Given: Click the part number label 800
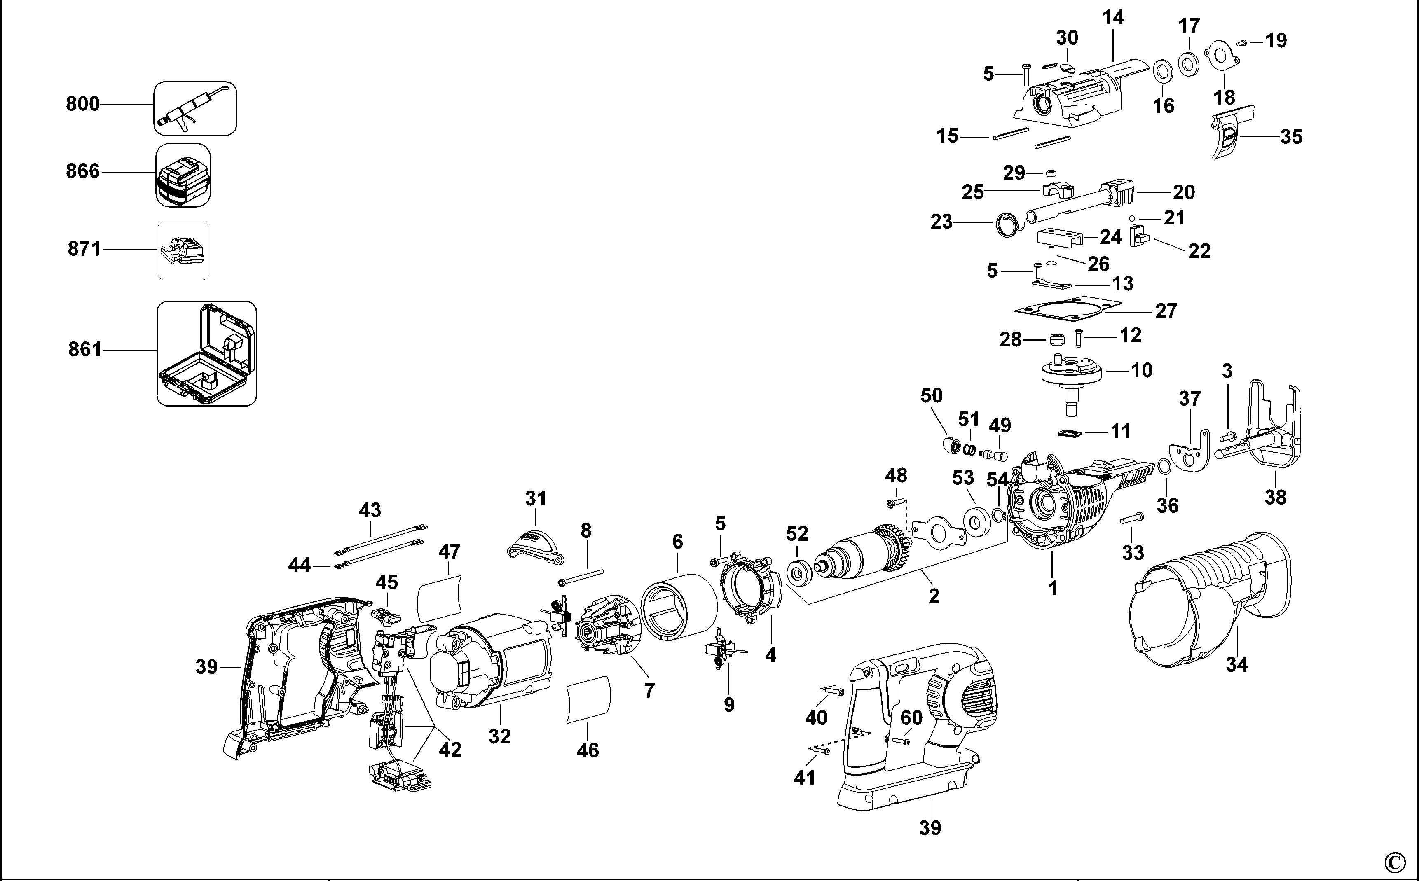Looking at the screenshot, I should click(x=83, y=104).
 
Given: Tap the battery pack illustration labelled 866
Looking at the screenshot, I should click(x=183, y=175).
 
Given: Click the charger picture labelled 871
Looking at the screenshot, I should click(x=183, y=250).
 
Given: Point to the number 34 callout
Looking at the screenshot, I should click(x=1236, y=664).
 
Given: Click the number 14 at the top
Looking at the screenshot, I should click(x=1113, y=17).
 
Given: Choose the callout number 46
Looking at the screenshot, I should click(x=588, y=750).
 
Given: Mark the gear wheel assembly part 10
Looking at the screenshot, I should click(x=1071, y=379).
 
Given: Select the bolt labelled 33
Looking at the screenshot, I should click(x=1131, y=517).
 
